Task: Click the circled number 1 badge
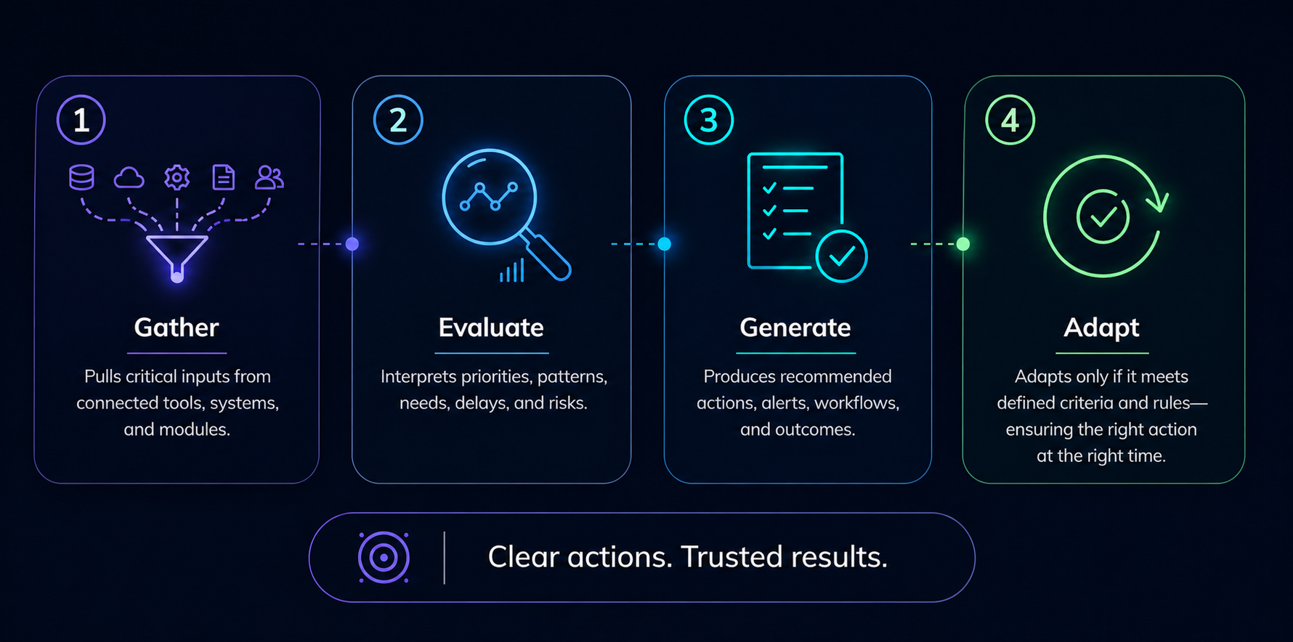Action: click(x=81, y=120)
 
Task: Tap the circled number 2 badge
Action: click(x=398, y=120)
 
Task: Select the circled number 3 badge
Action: click(x=709, y=120)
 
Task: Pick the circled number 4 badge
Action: click(x=1010, y=120)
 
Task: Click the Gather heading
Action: click(x=177, y=328)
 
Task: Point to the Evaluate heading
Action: click(x=491, y=328)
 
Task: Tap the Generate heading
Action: click(x=795, y=328)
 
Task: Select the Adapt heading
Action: click(x=1101, y=328)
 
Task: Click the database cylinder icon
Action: click(x=81, y=177)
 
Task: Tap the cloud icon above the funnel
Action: click(x=129, y=177)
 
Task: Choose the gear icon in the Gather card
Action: click(x=177, y=177)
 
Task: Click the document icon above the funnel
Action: click(x=223, y=177)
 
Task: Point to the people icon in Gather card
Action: click(x=269, y=177)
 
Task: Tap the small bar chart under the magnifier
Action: click(x=512, y=272)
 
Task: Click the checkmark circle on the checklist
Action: click(x=841, y=256)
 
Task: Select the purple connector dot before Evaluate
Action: click(x=352, y=244)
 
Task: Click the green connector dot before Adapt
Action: click(x=963, y=244)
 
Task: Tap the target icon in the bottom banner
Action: click(x=384, y=558)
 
